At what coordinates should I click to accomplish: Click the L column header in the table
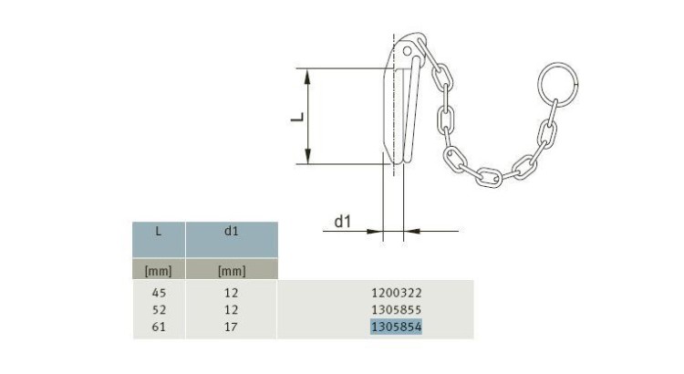point(159,232)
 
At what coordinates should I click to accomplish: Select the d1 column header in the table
point(232,232)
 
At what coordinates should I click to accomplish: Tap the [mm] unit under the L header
point(159,270)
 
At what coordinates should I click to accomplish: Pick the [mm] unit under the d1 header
point(232,270)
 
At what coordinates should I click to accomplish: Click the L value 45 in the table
point(159,293)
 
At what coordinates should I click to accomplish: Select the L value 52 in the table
point(159,309)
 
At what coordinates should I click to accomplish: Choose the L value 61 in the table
point(159,326)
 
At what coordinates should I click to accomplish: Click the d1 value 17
point(232,326)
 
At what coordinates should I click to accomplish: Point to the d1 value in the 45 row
point(232,293)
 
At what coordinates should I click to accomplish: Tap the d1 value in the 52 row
point(232,309)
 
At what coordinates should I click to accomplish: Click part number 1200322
point(397,293)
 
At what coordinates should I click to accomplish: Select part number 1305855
point(397,309)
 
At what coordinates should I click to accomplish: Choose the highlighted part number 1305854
point(397,326)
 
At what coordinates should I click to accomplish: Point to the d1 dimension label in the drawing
point(343,220)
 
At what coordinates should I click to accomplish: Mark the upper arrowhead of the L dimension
point(311,75)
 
